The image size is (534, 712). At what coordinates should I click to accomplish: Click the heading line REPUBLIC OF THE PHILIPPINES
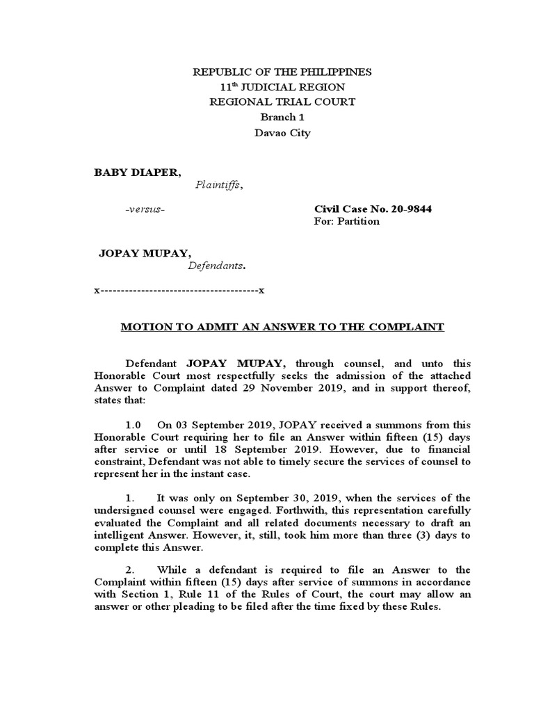(x=282, y=72)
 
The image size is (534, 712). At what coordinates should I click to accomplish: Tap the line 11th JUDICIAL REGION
(x=282, y=87)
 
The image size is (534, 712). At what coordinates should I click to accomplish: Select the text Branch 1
(x=282, y=117)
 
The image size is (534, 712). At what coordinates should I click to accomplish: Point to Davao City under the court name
(x=282, y=132)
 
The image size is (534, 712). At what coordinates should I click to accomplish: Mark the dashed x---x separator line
(x=179, y=289)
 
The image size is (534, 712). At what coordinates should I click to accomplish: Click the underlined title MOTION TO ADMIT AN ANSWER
(x=282, y=326)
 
